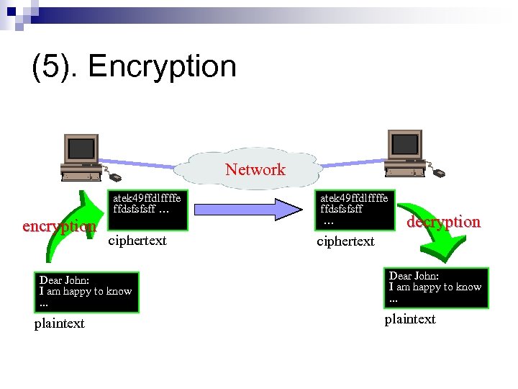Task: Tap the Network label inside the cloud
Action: [255, 170]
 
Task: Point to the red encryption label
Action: [59, 226]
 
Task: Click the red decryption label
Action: [443, 222]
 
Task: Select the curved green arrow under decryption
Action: [432, 249]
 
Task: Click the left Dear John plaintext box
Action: [86, 292]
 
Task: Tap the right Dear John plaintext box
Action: [436, 287]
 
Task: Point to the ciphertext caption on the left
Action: [137, 241]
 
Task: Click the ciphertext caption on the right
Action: [345, 241]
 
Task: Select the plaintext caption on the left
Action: [60, 323]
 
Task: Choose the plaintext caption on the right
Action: [409, 319]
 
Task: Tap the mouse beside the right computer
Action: [438, 173]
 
